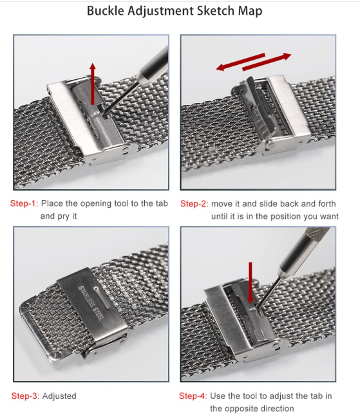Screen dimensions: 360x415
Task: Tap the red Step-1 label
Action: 24,203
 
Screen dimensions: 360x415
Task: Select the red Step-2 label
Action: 194,204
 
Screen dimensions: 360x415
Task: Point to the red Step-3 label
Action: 25,396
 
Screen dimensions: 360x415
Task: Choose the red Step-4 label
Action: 193,396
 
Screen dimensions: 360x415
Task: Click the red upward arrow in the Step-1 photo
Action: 93,84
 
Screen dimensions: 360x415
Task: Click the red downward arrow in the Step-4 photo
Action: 251,282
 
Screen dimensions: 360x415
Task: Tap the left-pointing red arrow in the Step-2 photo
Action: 240,62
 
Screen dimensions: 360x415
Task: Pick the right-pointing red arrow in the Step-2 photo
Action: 267,62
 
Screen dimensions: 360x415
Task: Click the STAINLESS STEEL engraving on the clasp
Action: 90,302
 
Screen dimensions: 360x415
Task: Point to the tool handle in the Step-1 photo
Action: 154,65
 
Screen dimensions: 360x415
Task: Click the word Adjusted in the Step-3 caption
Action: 59,396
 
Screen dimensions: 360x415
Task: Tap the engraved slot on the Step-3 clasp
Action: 102,297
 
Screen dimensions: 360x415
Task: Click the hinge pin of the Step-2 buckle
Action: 271,145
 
